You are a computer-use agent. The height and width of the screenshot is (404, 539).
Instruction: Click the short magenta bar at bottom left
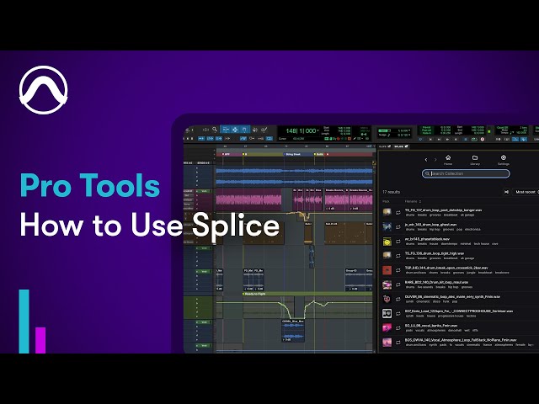[40, 339]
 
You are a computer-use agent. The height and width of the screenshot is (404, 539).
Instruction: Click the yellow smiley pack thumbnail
[387, 242]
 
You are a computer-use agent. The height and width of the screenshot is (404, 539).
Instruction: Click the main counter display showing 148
[301, 131]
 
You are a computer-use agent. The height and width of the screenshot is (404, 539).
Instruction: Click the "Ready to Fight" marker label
[254, 294]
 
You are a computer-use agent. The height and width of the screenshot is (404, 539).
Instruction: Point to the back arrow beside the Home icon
[426, 159]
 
